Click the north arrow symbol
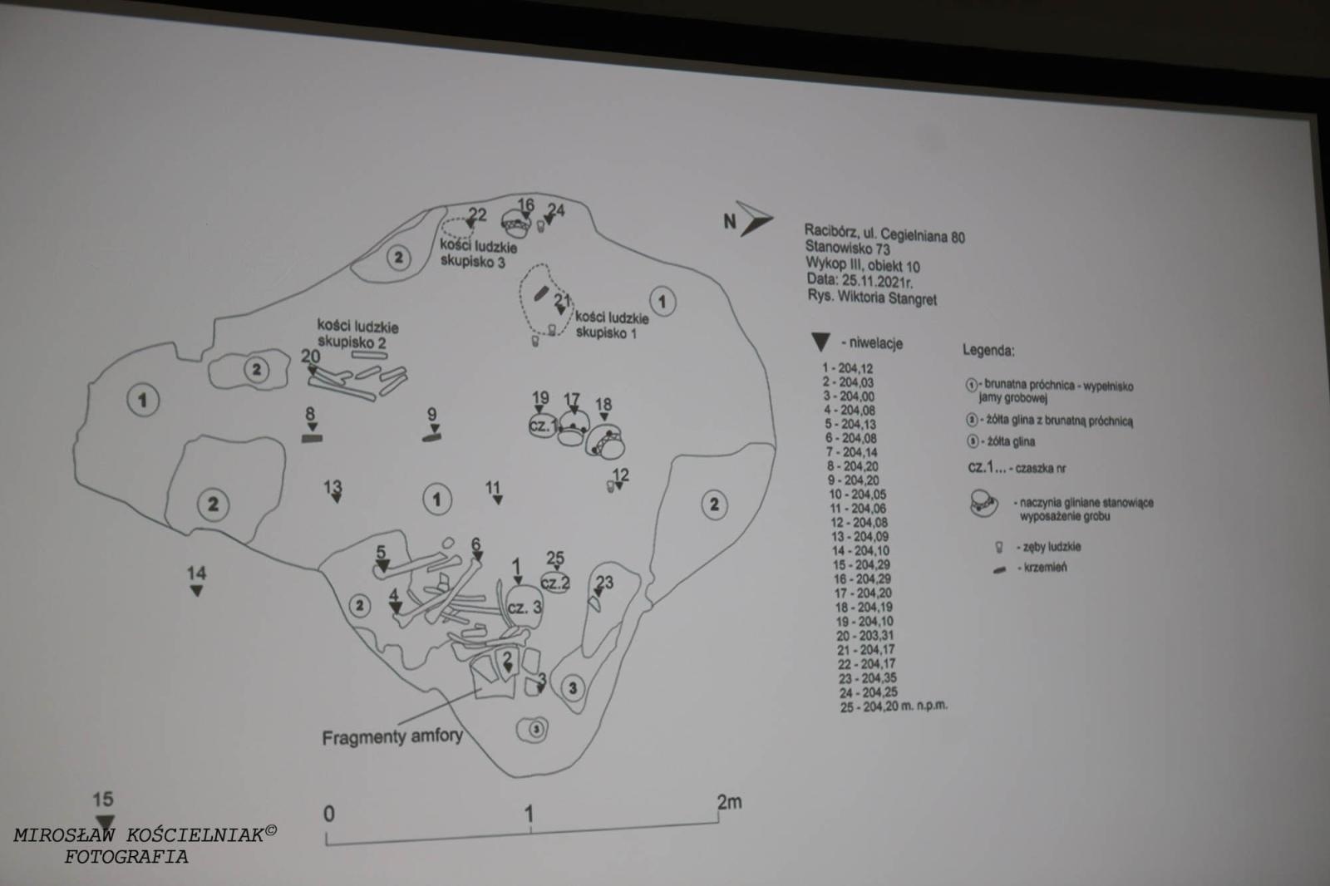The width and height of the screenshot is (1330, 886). [x=753, y=219]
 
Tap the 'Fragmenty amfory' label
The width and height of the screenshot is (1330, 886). [x=392, y=736]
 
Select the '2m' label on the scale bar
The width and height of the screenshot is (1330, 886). [x=729, y=802]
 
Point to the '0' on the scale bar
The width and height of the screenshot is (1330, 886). [x=329, y=813]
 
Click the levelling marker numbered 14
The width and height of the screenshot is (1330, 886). [x=196, y=590]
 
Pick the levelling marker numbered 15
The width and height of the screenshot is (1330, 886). [x=103, y=821]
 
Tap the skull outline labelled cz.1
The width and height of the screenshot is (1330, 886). [x=542, y=426]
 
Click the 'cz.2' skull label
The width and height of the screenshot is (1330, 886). [x=555, y=582]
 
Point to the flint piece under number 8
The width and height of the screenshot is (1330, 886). [x=311, y=437]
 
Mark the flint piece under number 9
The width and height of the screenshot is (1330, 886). [x=431, y=436]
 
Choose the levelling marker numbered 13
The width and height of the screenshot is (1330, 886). [x=336, y=498]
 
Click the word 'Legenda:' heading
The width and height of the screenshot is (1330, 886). [x=988, y=351]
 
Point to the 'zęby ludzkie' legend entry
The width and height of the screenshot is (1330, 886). [x=1052, y=547]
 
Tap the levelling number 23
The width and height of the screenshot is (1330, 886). [x=604, y=582]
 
